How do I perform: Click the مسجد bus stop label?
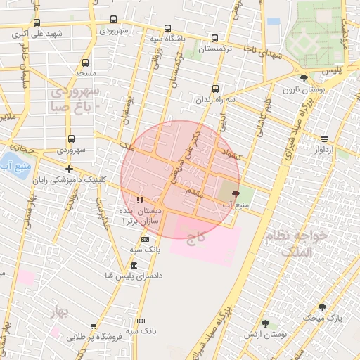tap(85, 72)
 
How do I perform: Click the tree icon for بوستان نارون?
tap(304, 79)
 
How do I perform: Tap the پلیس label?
tap(330, 72)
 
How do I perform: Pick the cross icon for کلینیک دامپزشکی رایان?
tap(69, 169)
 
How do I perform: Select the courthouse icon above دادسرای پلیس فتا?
tap(134, 264)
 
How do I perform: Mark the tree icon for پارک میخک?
tap(322, 307)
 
